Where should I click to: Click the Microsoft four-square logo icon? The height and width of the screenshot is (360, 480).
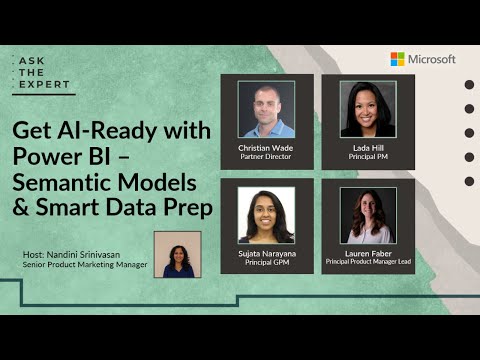tap(397, 59)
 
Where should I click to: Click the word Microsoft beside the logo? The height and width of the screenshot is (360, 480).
tap(431, 59)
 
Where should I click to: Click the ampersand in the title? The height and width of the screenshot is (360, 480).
tap(23, 209)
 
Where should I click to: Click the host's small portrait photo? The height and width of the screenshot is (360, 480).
tap(177, 254)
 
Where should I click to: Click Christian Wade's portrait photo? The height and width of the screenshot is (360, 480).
tap(266, 108)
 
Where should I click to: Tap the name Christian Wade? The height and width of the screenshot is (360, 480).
tap(266, 146)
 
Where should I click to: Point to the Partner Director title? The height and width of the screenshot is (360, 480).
tap(266, 156)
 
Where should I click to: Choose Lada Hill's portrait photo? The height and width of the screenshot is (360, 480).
tap(368, 108)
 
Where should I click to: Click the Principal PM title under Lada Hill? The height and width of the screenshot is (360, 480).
tap(368, 156)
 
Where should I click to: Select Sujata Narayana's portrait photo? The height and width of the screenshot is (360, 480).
tap(266, 213)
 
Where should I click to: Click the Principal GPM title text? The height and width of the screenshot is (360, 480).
tap(266, 263)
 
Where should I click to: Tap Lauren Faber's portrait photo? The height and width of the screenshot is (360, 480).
tap(368, 213)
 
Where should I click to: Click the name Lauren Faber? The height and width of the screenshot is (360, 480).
tap(368, 253)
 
